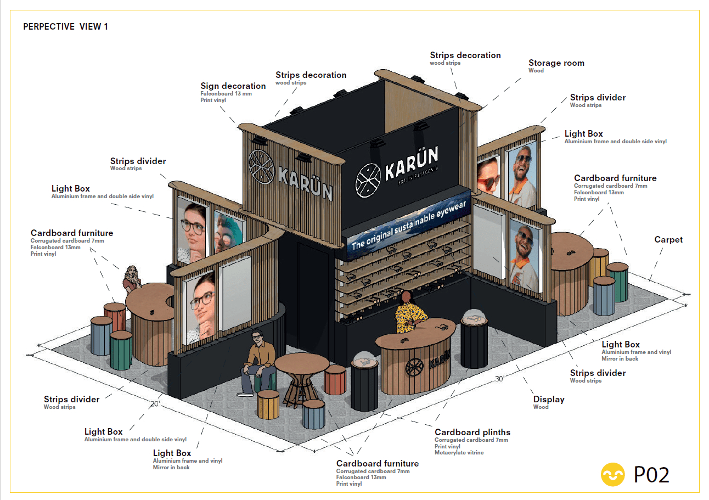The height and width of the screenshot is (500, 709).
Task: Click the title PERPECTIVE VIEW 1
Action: [x=65, y=26]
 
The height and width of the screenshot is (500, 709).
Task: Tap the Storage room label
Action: [x=556, y=63]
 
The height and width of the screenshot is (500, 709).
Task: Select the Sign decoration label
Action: [x=233, y=86]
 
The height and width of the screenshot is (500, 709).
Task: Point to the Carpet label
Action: [x=668, y=240]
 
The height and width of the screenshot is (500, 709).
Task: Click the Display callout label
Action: [x=548, y=400]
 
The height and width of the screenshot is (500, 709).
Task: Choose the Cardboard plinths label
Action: [x=472, y=432]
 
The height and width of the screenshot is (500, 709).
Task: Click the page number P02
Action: [x=651, y=474]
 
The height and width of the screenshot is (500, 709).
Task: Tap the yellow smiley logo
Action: [x=613, y=474]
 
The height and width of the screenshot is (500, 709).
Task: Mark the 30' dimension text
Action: [x=499, y=379]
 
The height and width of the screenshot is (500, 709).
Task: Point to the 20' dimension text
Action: [x=155, y=404]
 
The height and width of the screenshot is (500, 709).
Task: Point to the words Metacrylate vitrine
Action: [x=459, y=453]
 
